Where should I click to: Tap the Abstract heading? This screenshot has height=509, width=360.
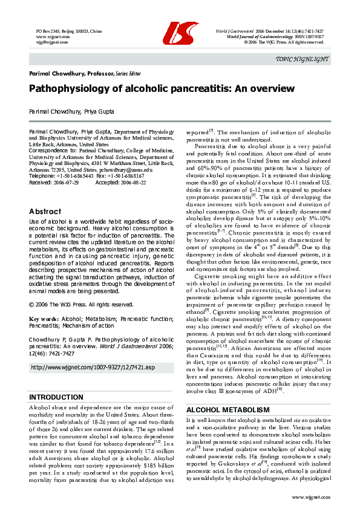[x=45, y=212]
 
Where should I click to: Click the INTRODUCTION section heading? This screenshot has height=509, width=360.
[x=56, y=380]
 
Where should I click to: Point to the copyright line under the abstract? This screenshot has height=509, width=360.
[x=81, y=305]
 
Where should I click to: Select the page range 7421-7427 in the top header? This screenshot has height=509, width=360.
[x=318, y=31]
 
